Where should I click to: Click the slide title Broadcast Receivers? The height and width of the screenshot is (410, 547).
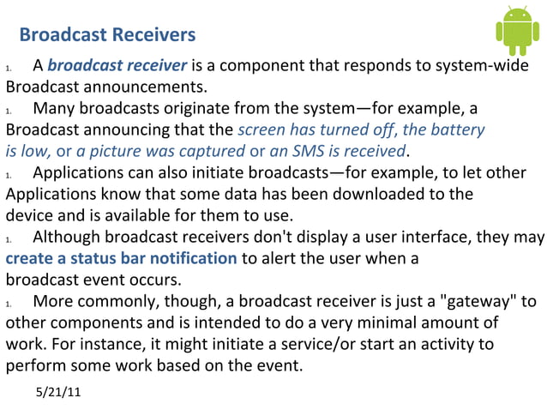[107, 35]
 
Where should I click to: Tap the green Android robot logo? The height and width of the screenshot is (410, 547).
[517, 31]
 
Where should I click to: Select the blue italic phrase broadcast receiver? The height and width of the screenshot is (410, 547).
[117, 65]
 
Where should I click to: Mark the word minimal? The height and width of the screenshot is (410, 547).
[399, 323]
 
